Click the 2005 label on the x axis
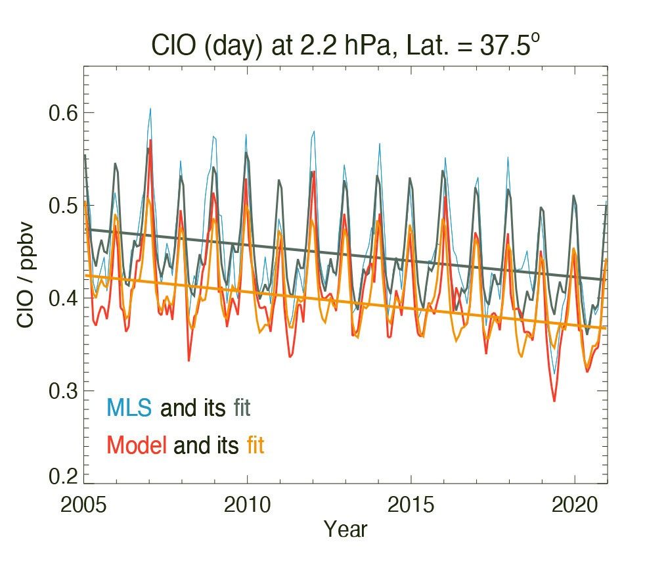click(x=84, y=506)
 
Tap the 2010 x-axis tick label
click(x=247, y=506)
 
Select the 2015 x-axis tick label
click(x=411, y=506)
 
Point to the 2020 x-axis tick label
click(x=574, y=506)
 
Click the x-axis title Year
click(x=345, y=529)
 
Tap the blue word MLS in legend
click(x=129, y=408)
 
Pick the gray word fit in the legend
click(x=241, y=408)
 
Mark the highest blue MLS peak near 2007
click(x=150, y=109)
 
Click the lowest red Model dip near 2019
click(x=554, y=400)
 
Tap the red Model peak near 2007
click(x=151, y=141)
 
